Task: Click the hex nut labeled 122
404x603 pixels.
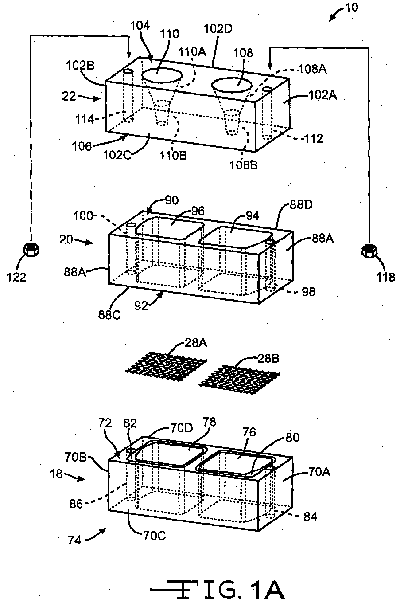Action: pos(31,249)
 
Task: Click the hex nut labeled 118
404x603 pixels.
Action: pos(369,251)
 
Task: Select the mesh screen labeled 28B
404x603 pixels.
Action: pos(239,380)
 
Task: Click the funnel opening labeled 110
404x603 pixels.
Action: pos(162,75)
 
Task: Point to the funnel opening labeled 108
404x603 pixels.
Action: pos(232,85)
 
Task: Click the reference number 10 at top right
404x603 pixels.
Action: pos(351,8)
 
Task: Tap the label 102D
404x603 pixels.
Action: pos(218,29)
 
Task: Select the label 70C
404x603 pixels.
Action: pos(155,536)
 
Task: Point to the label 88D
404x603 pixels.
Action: pos(301,205)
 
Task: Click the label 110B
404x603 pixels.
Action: pos(173,156)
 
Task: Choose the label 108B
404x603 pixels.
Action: pos(244,165)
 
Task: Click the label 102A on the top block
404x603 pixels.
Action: pos(322,95)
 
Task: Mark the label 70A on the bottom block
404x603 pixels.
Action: pos(319,473)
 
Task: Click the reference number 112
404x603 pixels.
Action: pos(313,139)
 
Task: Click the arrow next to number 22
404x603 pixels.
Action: pos(91,98)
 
